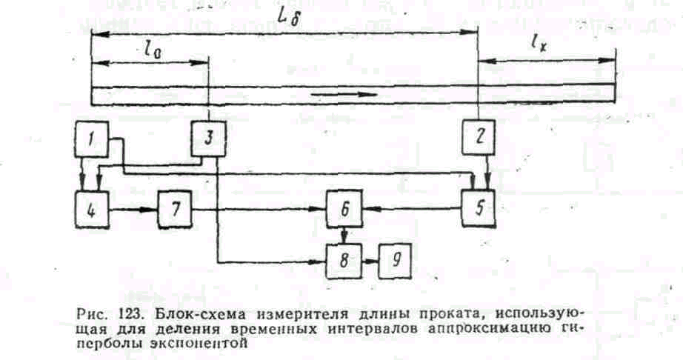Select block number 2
point(478,136)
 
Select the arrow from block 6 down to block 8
point(344,236)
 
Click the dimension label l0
point(152,52)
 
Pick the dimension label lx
point(541,46)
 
